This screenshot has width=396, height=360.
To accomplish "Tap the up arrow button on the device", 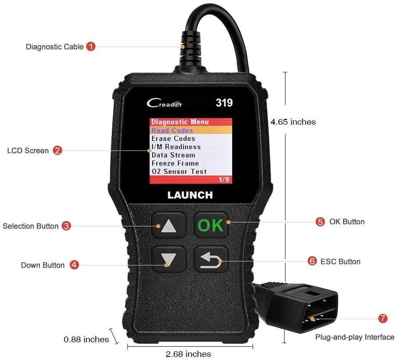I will [x=169, y=226].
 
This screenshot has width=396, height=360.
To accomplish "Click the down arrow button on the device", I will [x=169, y=259].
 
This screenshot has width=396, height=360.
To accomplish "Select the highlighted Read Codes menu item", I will [x=172, y=131].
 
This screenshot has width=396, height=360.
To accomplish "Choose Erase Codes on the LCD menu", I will [x=173, y=138].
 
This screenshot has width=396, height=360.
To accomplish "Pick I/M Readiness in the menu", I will [x=176, y=147].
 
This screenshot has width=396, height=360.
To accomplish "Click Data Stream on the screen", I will [x=173, y=155].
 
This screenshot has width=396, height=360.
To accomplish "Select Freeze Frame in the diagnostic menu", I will [x=175, y=163].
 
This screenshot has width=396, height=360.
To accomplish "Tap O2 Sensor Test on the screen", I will [x=179, y=171].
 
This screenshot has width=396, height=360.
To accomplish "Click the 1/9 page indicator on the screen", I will [x=224, y=179].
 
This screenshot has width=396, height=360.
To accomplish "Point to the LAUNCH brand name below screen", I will [x=190, y=195].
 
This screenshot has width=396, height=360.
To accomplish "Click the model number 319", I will [x=224, y=103].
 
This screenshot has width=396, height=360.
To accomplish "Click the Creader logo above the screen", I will [x=164, y=103].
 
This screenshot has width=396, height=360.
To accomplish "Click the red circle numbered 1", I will [x=91, y=46].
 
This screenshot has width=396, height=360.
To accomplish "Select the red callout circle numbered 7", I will [x=383, y=319].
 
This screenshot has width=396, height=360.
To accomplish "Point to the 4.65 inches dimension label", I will [x=294, y=122].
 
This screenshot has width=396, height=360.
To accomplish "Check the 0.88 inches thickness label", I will [x=86, y=339].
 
